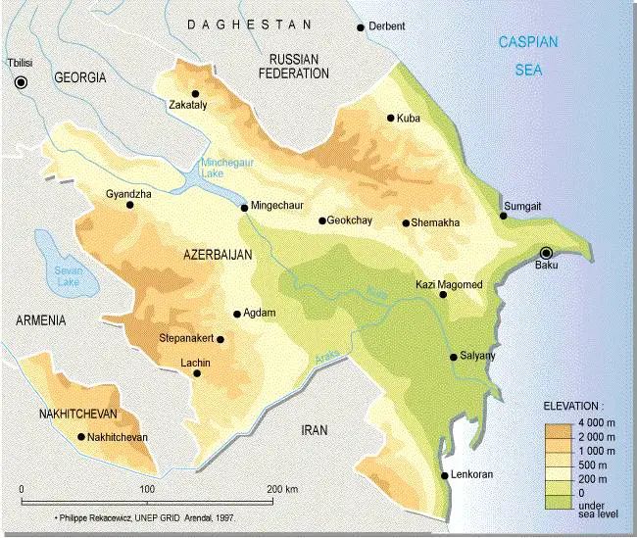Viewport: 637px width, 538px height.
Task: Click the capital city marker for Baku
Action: pyautogui.click(x=547, y=252)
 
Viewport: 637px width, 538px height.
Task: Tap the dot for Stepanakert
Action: pyautogui.click(x=220, y=340)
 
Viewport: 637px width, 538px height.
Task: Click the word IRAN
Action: pyautogui.click(x=315, y=430)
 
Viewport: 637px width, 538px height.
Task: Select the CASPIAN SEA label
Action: pyautogui.click(x=527, y=56)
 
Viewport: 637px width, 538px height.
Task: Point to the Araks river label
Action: pyautogui.click(x=326, y=361)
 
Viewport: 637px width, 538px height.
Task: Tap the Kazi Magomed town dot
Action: pyautogui.click(x=443, y=294)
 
